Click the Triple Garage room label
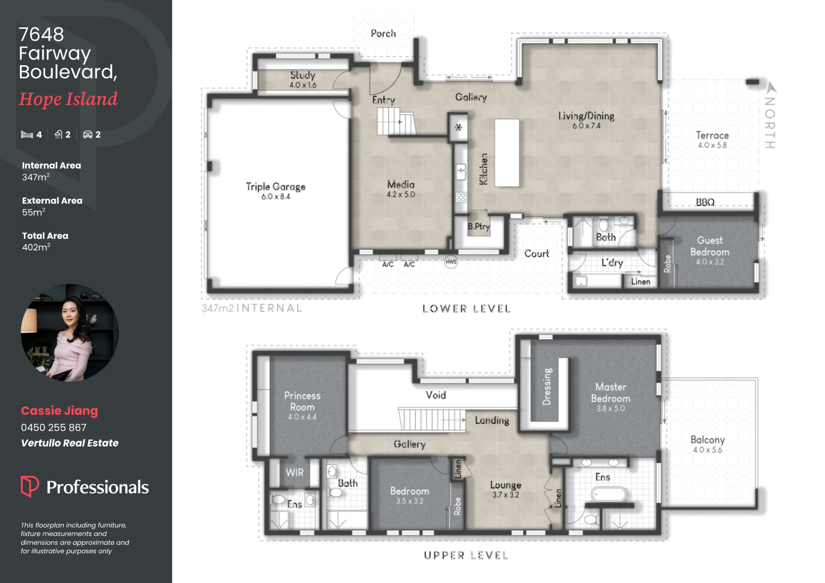pos(276,187)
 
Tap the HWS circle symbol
pos(451,262)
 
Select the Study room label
pos(303,75)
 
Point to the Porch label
pos(383,33)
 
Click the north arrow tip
pos(770,83)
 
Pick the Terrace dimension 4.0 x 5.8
pos(712,145)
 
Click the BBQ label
pos(705,202)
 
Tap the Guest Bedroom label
pos(710,246)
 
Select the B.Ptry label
pos(479,226)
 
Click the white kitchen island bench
pos(507,153)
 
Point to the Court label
pos(537,253)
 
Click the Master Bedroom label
pos(610,393)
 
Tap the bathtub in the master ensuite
pos(609,494)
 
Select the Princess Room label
pos(302,401)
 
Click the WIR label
pos(295,473)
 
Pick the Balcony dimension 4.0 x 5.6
pos(707,450)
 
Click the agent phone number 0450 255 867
pos(54,428)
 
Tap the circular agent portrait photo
pos(70,333)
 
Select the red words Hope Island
pos(68,99)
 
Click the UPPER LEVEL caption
pos(466,555)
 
